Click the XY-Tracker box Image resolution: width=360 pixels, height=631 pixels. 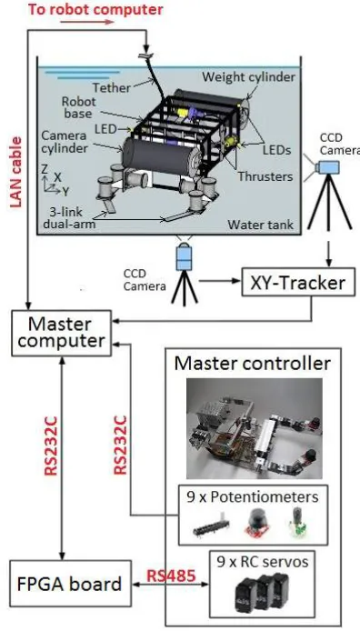pos(299,283)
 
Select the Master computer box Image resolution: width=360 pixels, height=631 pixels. pos(61,333)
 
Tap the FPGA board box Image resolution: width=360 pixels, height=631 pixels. pos(70,584)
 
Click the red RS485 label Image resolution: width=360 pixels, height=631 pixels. pos(171,576)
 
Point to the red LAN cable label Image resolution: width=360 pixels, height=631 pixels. pos(15,172)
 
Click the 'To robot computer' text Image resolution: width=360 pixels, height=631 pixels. pos(95,9)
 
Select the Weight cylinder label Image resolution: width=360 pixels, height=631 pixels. pos(248,76)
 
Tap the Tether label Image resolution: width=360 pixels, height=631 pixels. pos(112,87)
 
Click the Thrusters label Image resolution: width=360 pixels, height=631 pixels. pos(265,175)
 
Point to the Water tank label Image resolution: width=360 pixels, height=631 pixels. pos(260,225)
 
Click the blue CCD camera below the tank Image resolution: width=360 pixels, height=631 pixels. pos(185,255)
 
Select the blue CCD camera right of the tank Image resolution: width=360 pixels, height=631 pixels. pos(326,167)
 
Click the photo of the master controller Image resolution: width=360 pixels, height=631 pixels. pos(255,428)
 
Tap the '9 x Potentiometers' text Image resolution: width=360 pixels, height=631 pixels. pos(253,497)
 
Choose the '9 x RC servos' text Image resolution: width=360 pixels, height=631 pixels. pos(263,562)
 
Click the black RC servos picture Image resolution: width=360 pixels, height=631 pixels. pos(261,593)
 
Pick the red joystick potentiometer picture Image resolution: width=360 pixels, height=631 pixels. pos(256,523)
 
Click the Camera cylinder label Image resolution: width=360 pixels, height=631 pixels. pos(63,141)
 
